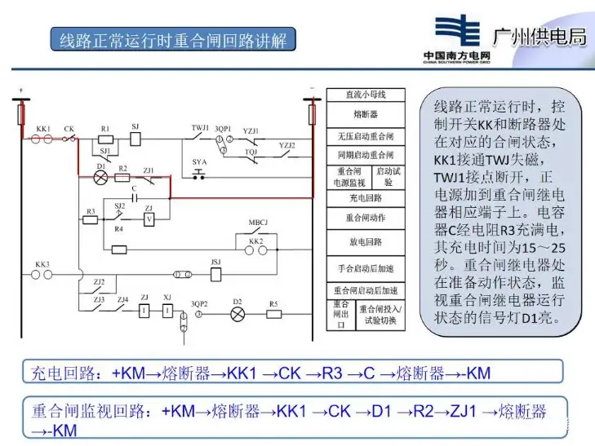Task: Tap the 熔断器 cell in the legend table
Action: [x=366, y=114]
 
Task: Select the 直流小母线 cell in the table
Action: [x=366, y=95]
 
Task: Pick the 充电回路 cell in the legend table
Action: [x=366, y=197]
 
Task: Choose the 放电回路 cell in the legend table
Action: [x=366, y=242]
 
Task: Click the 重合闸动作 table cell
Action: [x=366, y=219]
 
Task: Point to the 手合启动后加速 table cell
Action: [x=366, y=267]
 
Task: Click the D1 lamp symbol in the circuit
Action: [x=101, y=176]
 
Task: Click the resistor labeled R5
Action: [x=273, y=314]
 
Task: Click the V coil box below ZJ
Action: [x=149, y=219]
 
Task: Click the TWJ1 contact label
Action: [x=200, y=129]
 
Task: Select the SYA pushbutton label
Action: [x=199, y=162]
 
